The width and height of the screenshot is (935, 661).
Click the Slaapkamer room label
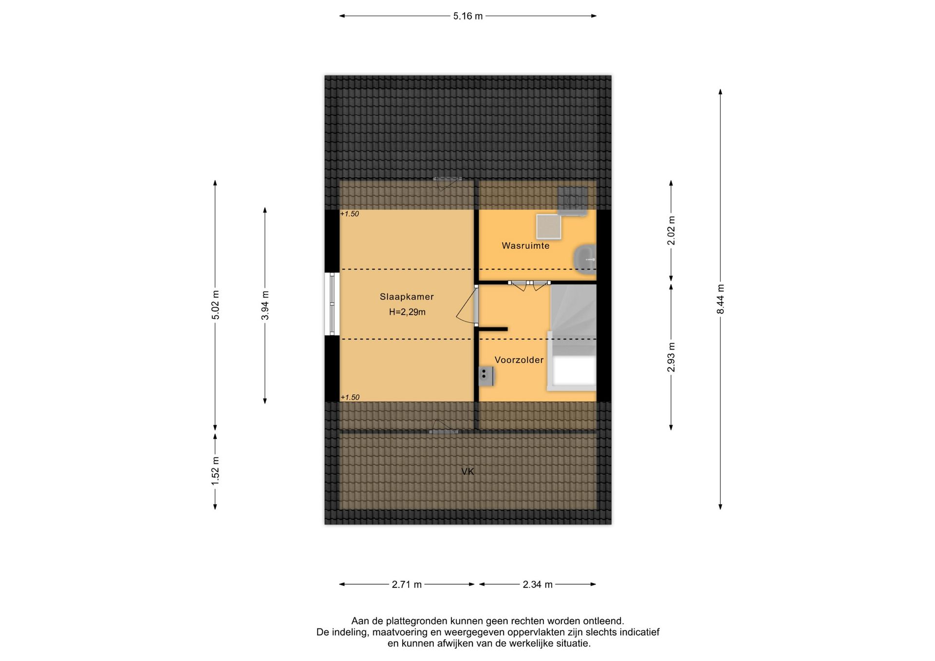point(407,297)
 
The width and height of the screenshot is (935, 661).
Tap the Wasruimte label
point(525,246)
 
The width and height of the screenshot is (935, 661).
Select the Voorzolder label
point(519,360)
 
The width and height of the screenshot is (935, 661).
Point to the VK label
point(467,471)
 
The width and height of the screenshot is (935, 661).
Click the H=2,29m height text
point(407,312)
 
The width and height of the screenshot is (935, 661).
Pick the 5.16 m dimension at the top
point(468,16)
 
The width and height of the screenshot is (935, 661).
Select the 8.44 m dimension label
point(721,299)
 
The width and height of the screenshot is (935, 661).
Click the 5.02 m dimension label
point(215,305)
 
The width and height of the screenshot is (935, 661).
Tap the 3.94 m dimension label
point(265,305)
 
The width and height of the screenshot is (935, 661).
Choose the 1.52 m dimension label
point(215,470)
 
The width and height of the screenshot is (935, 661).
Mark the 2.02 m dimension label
point(671,231)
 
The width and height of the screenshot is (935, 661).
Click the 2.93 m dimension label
point(671,357)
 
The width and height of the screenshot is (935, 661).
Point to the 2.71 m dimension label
point(407,585)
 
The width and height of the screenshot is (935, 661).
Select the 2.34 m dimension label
point(538,585)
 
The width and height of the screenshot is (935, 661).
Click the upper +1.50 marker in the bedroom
point(350,214)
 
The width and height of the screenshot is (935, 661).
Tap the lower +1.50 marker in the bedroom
point(350,397)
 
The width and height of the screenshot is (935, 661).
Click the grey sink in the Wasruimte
point(584,258)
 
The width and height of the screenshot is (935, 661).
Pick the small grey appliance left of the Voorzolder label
point(486,376)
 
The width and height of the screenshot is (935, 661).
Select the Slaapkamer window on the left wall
point(332,304)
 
